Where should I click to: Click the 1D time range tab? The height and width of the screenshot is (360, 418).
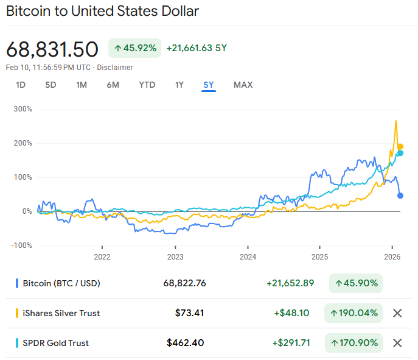click(21, 85)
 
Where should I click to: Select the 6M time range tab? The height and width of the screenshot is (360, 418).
click(113, 85)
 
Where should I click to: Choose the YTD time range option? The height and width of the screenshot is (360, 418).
click(147, 85)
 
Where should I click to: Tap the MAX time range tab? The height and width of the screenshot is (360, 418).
click(243, 85)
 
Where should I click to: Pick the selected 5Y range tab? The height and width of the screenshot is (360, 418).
click(209, 85)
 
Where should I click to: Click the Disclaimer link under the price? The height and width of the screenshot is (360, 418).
click(116, 68)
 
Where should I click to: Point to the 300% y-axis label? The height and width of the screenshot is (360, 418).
click(23, 109)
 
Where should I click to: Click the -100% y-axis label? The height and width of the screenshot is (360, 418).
click(21, 245)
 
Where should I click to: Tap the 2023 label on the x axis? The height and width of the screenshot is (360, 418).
click(175, 256)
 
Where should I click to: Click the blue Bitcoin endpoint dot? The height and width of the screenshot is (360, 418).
click(400, 196)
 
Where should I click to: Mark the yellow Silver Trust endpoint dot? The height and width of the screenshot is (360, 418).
click(400, 147)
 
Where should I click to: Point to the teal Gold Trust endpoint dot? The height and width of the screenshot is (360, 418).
click(400, 153)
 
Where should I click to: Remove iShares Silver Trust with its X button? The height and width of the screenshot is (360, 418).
click(397, 313)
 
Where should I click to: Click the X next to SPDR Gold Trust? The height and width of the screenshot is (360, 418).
click(397, 343)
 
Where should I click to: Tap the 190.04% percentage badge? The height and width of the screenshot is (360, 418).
click(354, 313)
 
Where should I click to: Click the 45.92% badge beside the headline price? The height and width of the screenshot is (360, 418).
click(135, 48)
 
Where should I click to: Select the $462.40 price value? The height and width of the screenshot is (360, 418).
click(186, 343)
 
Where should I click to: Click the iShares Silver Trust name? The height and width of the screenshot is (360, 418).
click(61, 313)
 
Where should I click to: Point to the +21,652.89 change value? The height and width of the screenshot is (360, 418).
click(290, 283)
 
